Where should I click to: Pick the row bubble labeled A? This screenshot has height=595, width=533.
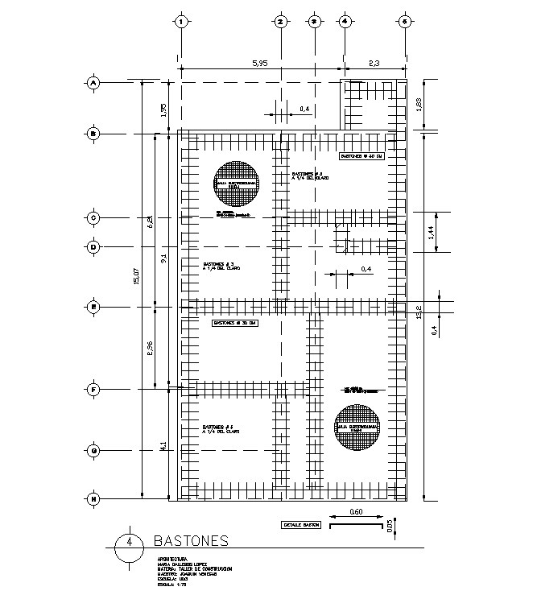pos(93,82)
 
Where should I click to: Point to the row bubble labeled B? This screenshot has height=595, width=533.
pos(93,134)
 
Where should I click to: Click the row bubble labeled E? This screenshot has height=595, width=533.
pos(93,306)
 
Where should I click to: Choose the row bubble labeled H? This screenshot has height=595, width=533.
pos(93,499)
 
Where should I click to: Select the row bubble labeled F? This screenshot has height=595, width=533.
pos(93,390)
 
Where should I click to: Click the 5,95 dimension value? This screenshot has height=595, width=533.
pos(260,63)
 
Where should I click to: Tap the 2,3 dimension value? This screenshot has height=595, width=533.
pos(374,63)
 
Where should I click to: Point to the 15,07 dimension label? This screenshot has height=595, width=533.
pos(137,277)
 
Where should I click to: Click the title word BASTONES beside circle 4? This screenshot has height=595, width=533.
pos(190,540)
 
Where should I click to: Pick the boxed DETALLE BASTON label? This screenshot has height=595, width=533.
pos(300,525)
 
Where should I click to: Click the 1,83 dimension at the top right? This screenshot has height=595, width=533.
pos(418,105)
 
